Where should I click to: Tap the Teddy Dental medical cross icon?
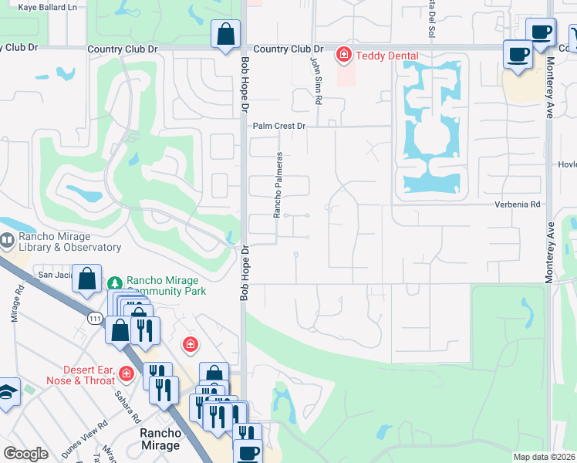pyautogui.click(x=342, y=56)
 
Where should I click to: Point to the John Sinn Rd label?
pyautogui.click(x=316, y=80)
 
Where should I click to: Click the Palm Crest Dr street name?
pyautogui.click(x=280, y=125)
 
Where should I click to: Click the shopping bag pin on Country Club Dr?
pyautogui.click(x=224, y=35)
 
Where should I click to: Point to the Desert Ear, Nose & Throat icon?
pyautogui.click(x=127, y=374)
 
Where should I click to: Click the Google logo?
pyautogui.click(x=25, y=454)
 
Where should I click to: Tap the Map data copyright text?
pyautogui.click(x=545, y=457)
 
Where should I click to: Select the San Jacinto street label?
pyautogui.click(x=56, y=274)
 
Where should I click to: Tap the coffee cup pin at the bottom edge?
pyautogui.click(x=248, y=452)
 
